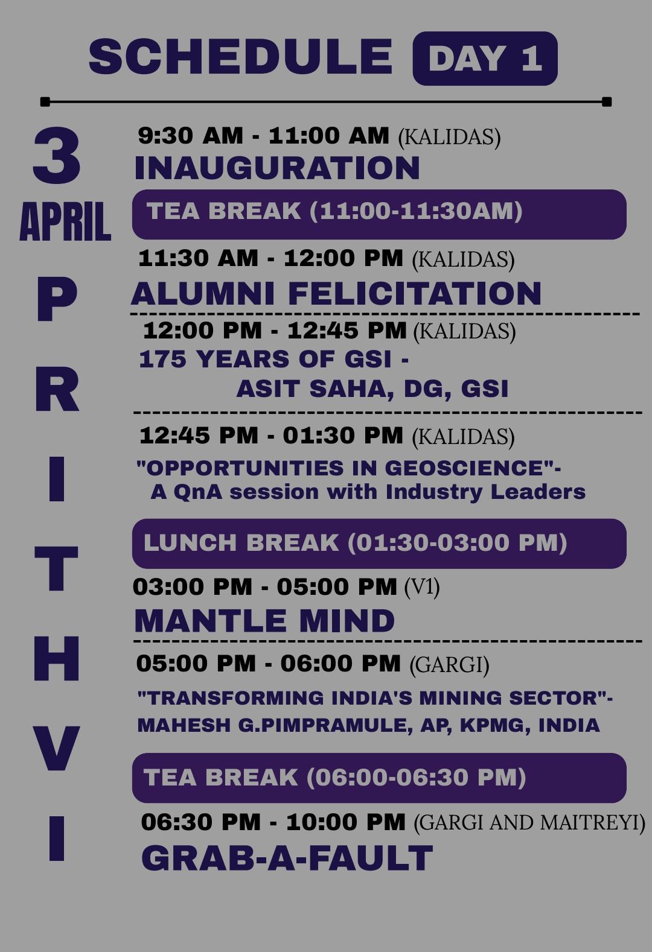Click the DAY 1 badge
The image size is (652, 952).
pyautogui.click(x=485, y=59)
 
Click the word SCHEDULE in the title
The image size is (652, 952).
pyautogui.click(x=240, y=57)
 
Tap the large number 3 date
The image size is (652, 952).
pyautogui.click(x=57, y=156)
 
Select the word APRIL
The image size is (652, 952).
pyautogui.click(x=65, y=221)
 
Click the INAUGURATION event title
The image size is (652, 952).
pyautogui.click(x=277, y=168)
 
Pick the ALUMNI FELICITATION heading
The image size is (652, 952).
pyautogui.click(x=336, y=293)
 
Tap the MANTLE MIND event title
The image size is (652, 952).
pyautogui.click(x=264, y=621)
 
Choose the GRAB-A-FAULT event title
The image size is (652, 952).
pyautogui.click(x=287, y=858)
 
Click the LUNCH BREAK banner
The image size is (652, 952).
pyautogui.click(x=379, y=544)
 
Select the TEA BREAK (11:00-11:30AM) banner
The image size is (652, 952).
pyautogui.click(x=379, y=214)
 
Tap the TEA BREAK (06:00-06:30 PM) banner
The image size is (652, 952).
pyautogui.click(x=379, y=778)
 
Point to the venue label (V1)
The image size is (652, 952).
pyautogui.click(x=422, y=588)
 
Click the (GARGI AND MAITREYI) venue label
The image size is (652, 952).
pyautogui.click(x=529, y=822)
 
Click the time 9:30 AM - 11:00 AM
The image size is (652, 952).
pyautogui.click(x=263, y=136)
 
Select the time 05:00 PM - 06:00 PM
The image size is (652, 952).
pyautogui.click(x=269, y=664)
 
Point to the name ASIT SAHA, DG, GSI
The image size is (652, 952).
pyautogui.click(x=372, y=389)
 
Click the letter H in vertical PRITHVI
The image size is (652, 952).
pyautogui.click(x=57, y=659)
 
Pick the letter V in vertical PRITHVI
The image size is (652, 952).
pyautogui.click(x=57, y=749)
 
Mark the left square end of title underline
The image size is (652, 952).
pyautogui.click(x=45, y=101)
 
